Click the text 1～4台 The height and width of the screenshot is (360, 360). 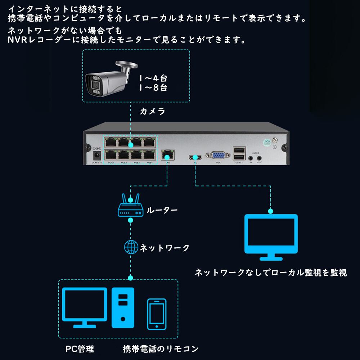[153, 78]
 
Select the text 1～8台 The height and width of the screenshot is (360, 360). [153, 87]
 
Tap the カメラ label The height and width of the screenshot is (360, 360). [152, 112]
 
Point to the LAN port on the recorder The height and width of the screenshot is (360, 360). [167, 156]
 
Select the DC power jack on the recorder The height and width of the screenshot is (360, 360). [96, 156]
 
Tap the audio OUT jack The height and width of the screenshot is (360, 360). [259, 158]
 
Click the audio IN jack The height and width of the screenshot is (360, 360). [251, 158]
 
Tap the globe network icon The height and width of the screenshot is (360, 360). [131, 247]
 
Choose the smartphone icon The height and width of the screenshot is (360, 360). [157, 314]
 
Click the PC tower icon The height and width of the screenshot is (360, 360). [123, 307]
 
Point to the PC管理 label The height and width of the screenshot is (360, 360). [80, 349]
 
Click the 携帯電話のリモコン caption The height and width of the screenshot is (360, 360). [161, 349]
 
